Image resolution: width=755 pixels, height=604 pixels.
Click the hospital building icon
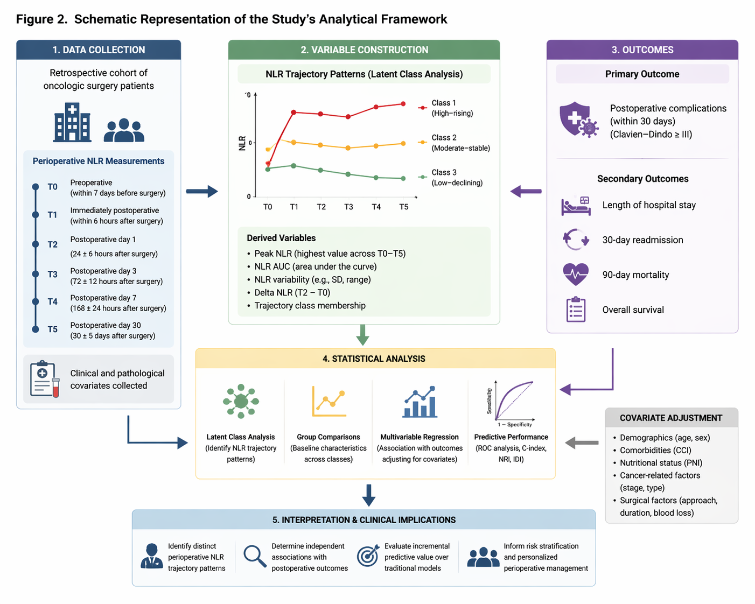click(x=72, y=122)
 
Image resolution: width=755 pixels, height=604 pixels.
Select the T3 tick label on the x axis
click(x=348, y=207)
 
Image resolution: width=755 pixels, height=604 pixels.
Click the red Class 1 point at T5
click(x=403, y=104)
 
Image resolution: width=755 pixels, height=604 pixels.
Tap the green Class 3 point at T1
click(x=293, y=166)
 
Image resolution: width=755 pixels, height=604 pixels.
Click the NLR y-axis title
click(x=242, y=143)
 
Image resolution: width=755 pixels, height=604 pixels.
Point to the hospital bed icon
click(x=576, y=206)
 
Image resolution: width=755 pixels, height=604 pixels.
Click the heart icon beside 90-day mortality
click(x=576, y=275)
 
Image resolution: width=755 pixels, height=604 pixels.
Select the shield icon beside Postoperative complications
click(x=579, y=120)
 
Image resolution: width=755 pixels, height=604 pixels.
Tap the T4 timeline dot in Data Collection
click(x=36, y=301)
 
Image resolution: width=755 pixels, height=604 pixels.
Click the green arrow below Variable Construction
click(x=362, y=335)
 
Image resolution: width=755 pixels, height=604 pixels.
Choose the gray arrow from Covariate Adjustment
click(x=582, y=443)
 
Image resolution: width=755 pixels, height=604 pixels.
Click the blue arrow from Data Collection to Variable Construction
click(x=202, y=192)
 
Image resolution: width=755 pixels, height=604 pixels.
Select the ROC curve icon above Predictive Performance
click(x=511, y=403)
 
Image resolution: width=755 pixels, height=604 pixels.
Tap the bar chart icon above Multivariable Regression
click(x=420, y=402)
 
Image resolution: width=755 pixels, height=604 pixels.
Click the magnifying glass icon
click(x=255, y=556)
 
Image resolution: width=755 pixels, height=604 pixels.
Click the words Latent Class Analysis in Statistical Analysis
click(x=241, y=437)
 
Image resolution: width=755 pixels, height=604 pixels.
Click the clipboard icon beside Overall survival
click(x=576, y=310)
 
